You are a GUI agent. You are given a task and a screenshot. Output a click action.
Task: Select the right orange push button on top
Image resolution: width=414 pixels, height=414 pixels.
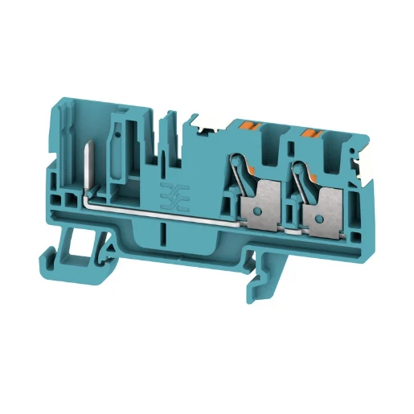[x=310, y=128]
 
